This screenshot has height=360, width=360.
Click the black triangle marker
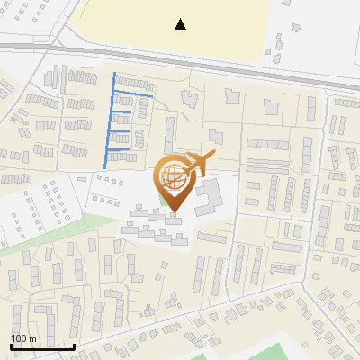(181, 24)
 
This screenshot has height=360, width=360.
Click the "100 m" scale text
(23, 338)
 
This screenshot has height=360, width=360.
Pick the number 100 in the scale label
(19, 338)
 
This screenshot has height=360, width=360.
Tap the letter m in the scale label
(31, 338)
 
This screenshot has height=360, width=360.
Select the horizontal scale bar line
(42, 346)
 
